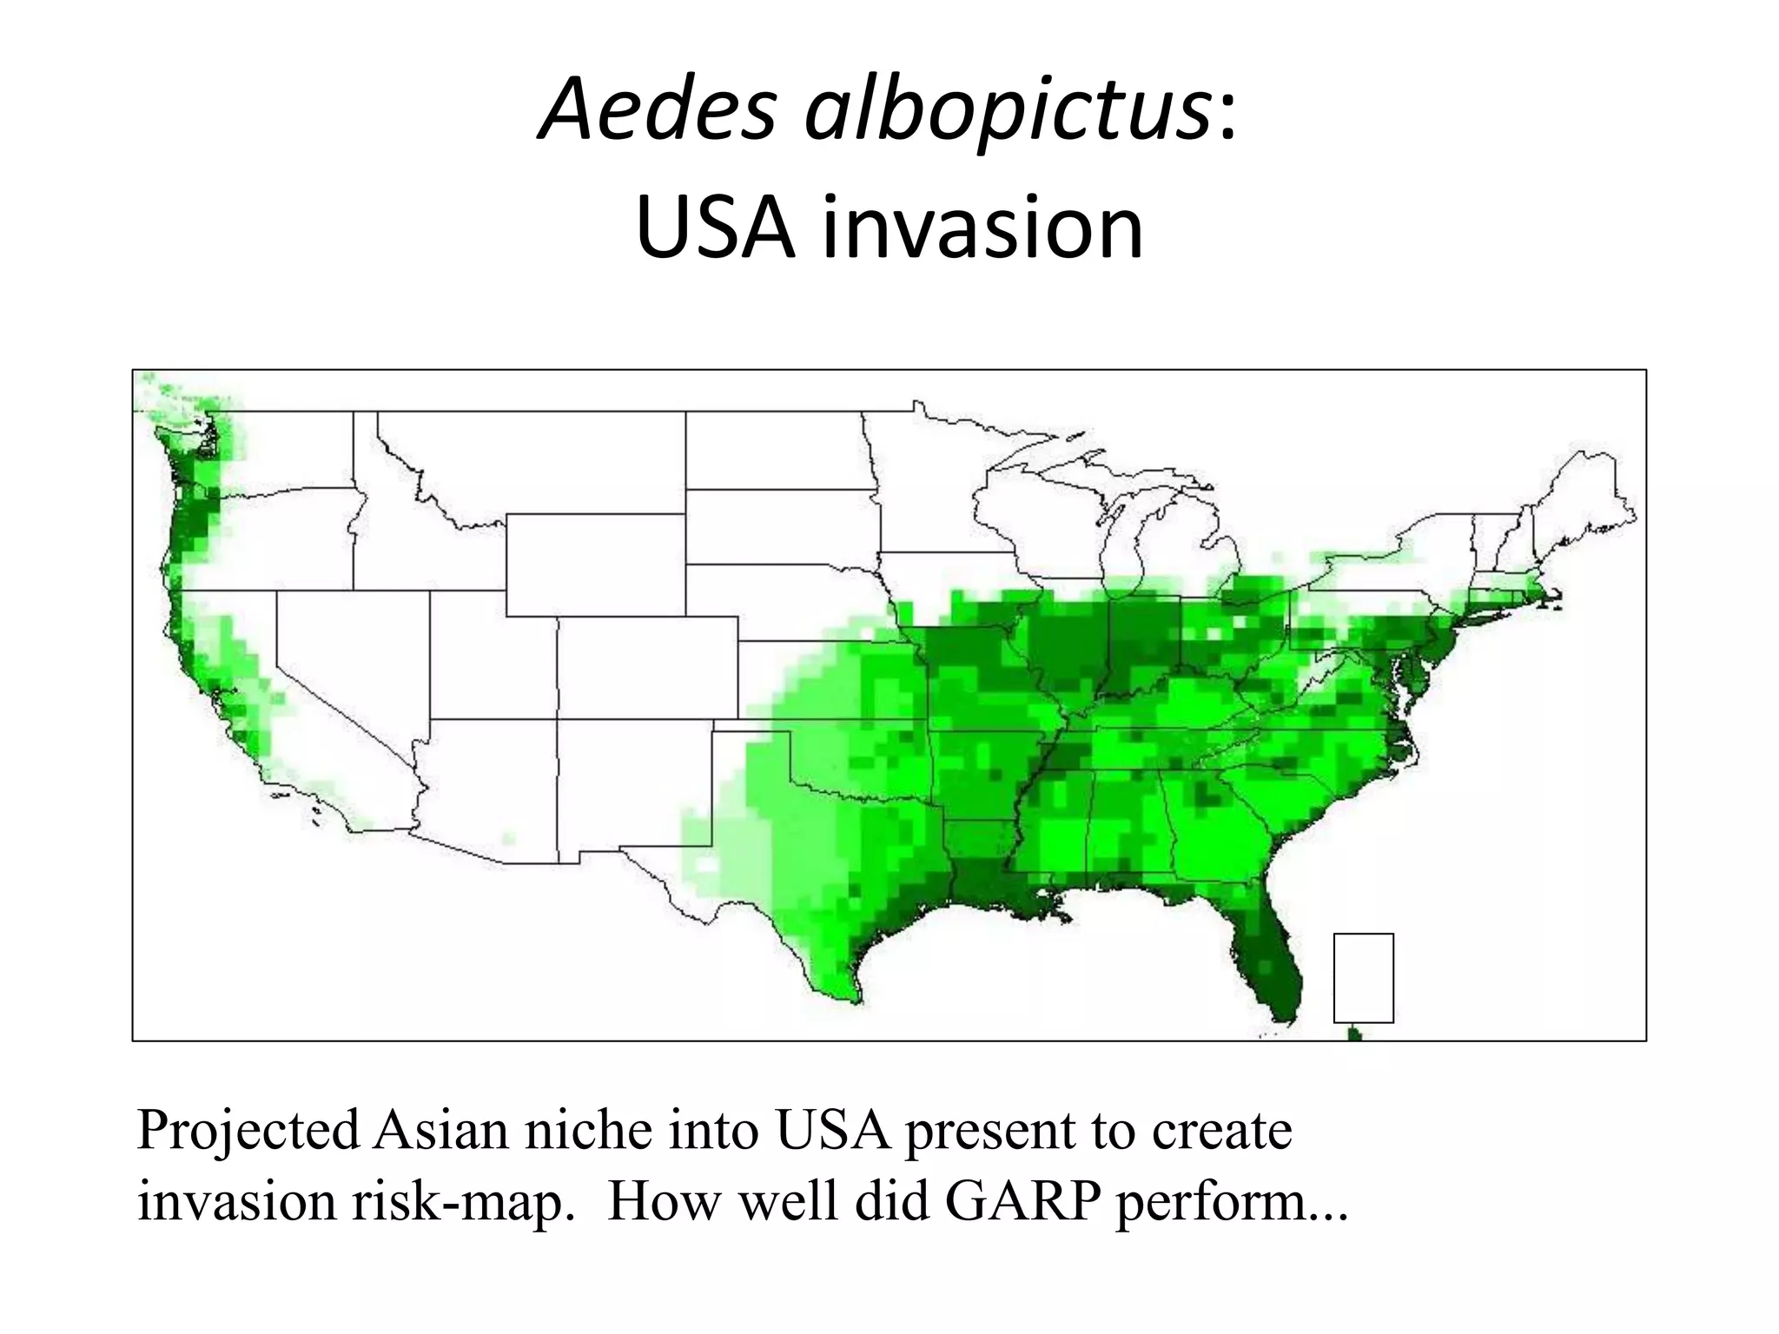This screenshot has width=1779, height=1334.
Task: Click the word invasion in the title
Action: pos(982,227)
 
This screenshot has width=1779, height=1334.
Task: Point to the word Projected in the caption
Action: pos(248,1132)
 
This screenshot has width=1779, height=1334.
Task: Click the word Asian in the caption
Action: pos(440,1130)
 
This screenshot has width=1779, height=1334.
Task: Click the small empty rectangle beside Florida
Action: pos(1363,978)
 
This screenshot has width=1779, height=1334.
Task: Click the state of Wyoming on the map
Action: pos(595,565)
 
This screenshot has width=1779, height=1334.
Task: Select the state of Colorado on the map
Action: pos(647,668)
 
